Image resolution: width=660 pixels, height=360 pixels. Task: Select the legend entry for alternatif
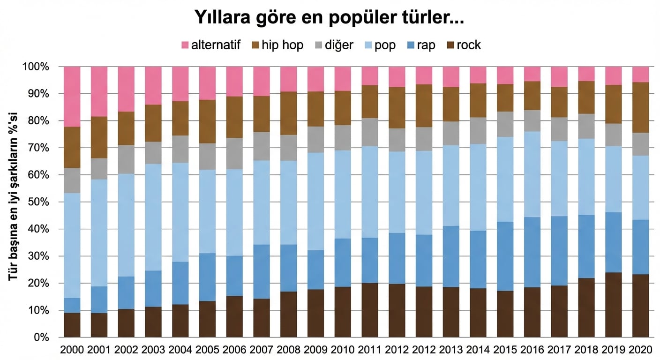tap(210, 45)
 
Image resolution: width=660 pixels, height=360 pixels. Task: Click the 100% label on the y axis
tap(36, 67)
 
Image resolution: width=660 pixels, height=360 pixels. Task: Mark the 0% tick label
tap(41, 337)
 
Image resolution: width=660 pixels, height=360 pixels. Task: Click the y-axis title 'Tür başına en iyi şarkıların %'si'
tap(13, 202)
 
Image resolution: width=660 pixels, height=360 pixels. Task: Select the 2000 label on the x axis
tap(72, 350)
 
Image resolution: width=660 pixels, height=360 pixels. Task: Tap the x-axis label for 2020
tap(641, 350)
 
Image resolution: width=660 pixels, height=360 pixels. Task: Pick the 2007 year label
tap(262, 350)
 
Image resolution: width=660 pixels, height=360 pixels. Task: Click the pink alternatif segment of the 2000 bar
tap(72, 97)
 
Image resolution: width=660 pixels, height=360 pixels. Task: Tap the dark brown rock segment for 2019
tap(614, 305)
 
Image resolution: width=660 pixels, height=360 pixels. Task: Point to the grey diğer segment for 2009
tap(315, 139)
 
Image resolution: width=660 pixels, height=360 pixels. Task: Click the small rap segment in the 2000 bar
tap(72, 305)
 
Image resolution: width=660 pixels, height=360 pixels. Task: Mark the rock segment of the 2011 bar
tap(370, 310)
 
